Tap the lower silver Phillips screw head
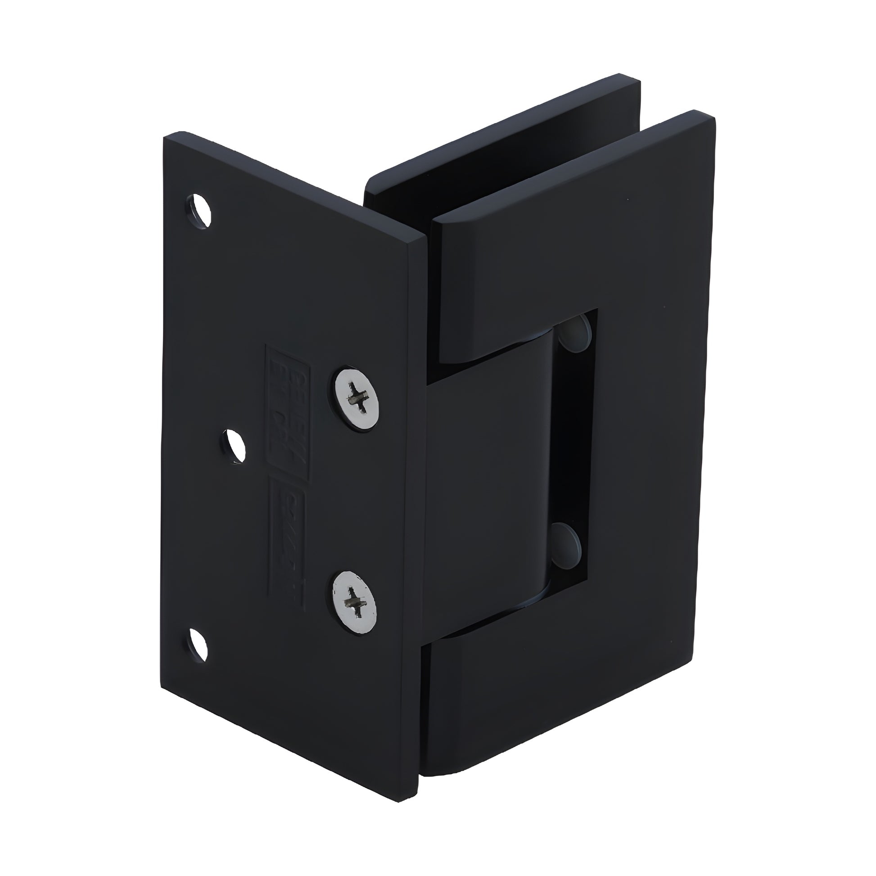354,601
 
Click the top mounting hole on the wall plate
199,210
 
